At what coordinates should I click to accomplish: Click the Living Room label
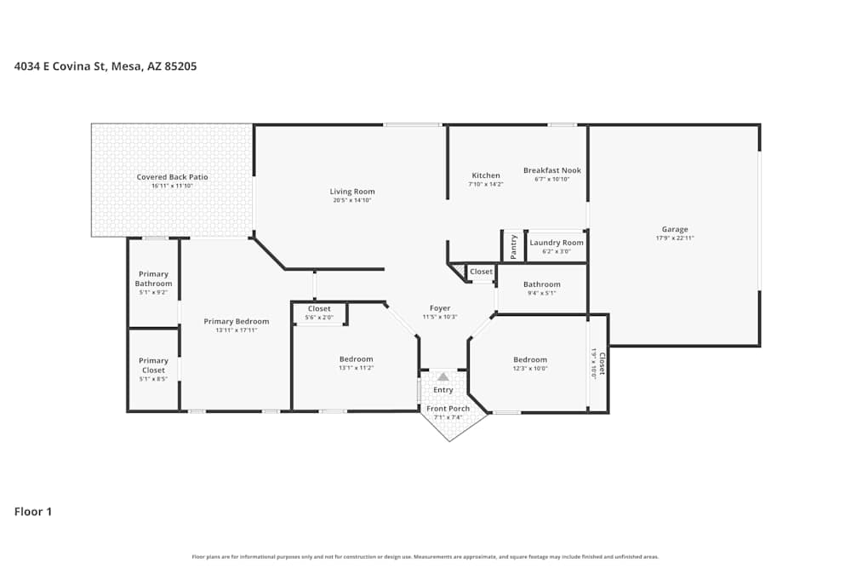coord(352,192)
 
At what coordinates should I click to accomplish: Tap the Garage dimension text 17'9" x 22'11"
coord(675,238)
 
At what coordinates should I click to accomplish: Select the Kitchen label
coord(486,175)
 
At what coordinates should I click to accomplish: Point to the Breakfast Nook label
coord(551,170)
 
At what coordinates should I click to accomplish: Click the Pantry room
coord(513,247)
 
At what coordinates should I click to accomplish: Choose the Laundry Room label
coord(557,243)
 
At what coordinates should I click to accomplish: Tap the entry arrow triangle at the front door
coord(443,376)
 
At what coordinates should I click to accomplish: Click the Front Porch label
coord(448,409)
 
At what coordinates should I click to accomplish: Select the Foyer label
coord(440,308)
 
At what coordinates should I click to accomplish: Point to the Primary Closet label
coord(153,365)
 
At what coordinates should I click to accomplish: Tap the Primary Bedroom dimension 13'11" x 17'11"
coord(236,330)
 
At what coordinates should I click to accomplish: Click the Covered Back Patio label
coord(172,177)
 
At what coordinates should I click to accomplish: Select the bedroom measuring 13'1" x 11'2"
coord(356,363)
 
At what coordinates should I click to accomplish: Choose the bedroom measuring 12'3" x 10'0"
coord(529,364)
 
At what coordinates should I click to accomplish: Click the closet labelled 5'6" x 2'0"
coord(319,313)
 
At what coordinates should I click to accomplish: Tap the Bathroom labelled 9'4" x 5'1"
coord(541,288)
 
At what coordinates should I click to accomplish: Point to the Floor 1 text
coord(33,512)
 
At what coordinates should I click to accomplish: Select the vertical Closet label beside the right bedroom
coord(602,364)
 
